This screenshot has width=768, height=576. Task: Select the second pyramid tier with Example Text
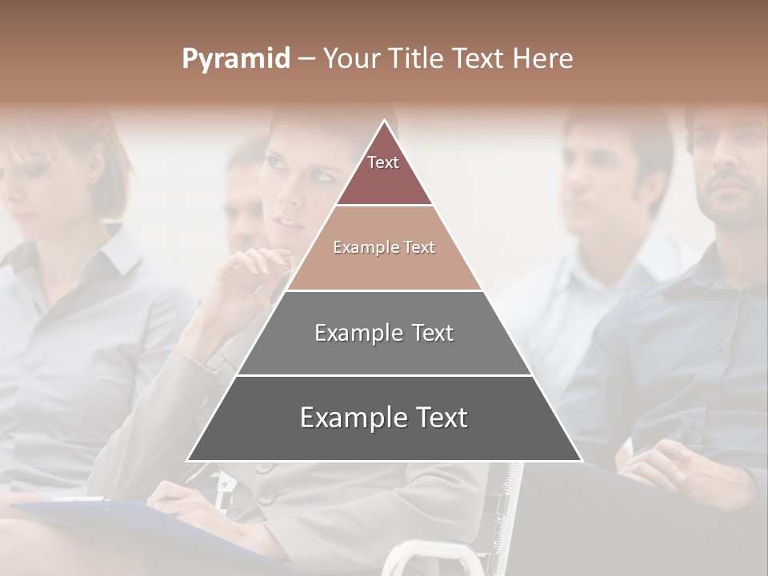tap(384, 248)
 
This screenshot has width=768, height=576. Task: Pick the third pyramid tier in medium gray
tap(384, 333)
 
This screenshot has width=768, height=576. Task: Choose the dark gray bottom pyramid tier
tap(384, 418)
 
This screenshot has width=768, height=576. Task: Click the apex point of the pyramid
tap(384, 121)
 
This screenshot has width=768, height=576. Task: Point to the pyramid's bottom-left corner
tap(188, 460)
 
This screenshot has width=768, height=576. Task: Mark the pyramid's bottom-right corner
tap(581, 460)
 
